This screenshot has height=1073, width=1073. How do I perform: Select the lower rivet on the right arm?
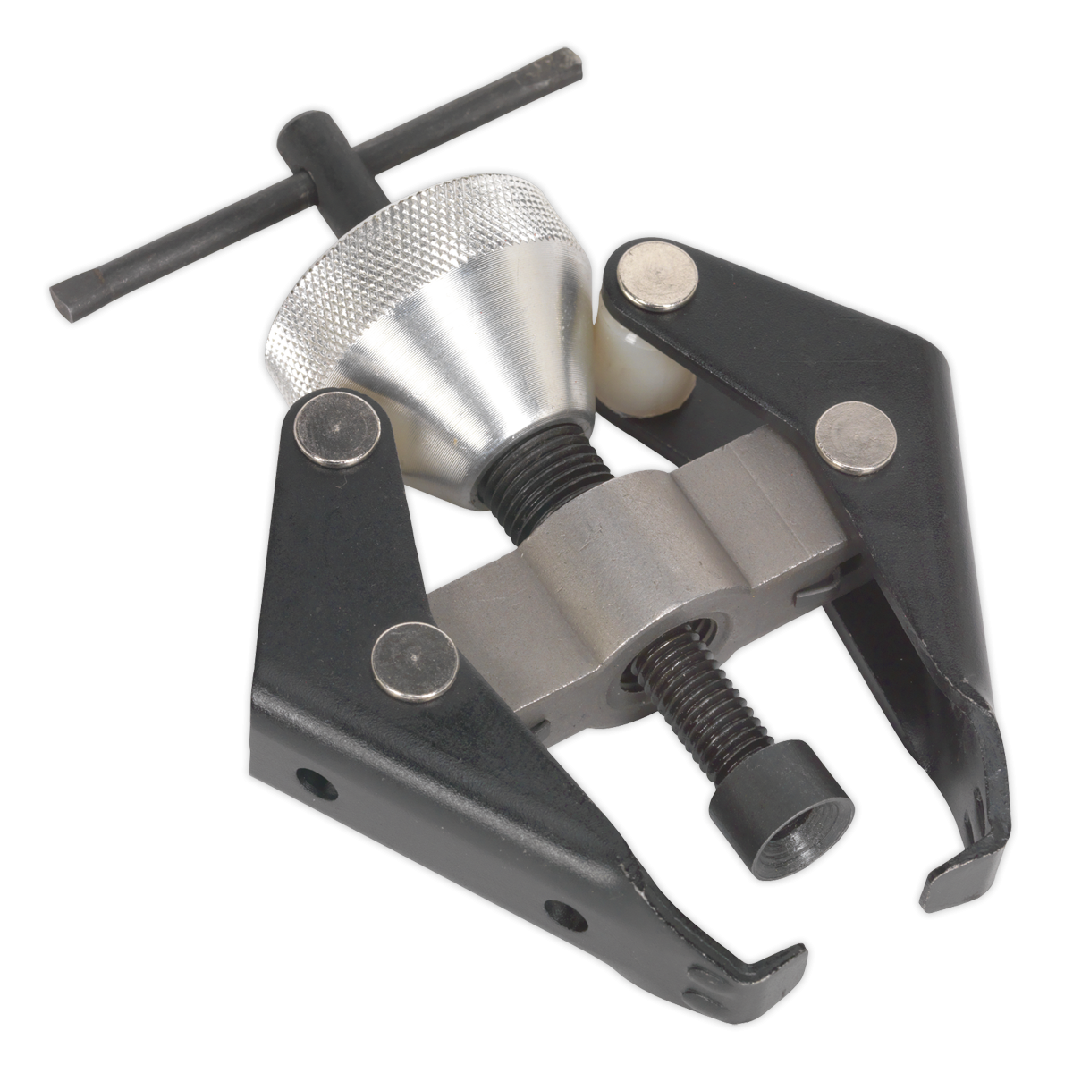[857, 436]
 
